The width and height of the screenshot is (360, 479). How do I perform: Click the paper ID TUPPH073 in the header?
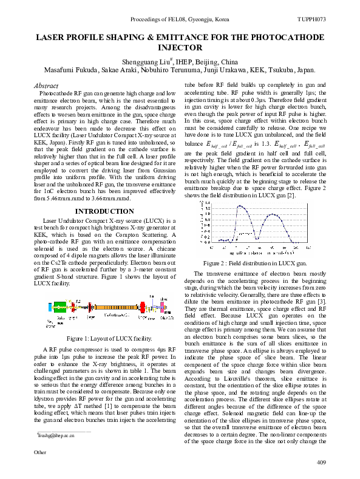(312, 19)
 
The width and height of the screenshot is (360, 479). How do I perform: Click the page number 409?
(322, 463)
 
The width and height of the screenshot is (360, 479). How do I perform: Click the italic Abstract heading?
(47, 87)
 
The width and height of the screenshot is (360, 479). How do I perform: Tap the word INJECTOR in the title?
(180, 47)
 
